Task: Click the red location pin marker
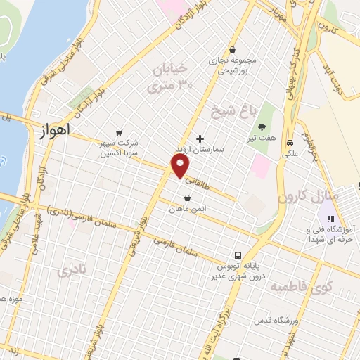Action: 181,167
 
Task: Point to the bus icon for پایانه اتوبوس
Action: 238,256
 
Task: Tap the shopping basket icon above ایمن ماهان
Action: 187,199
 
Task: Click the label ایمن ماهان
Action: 187,210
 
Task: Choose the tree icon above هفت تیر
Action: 262,127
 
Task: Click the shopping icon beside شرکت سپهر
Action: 118,132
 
